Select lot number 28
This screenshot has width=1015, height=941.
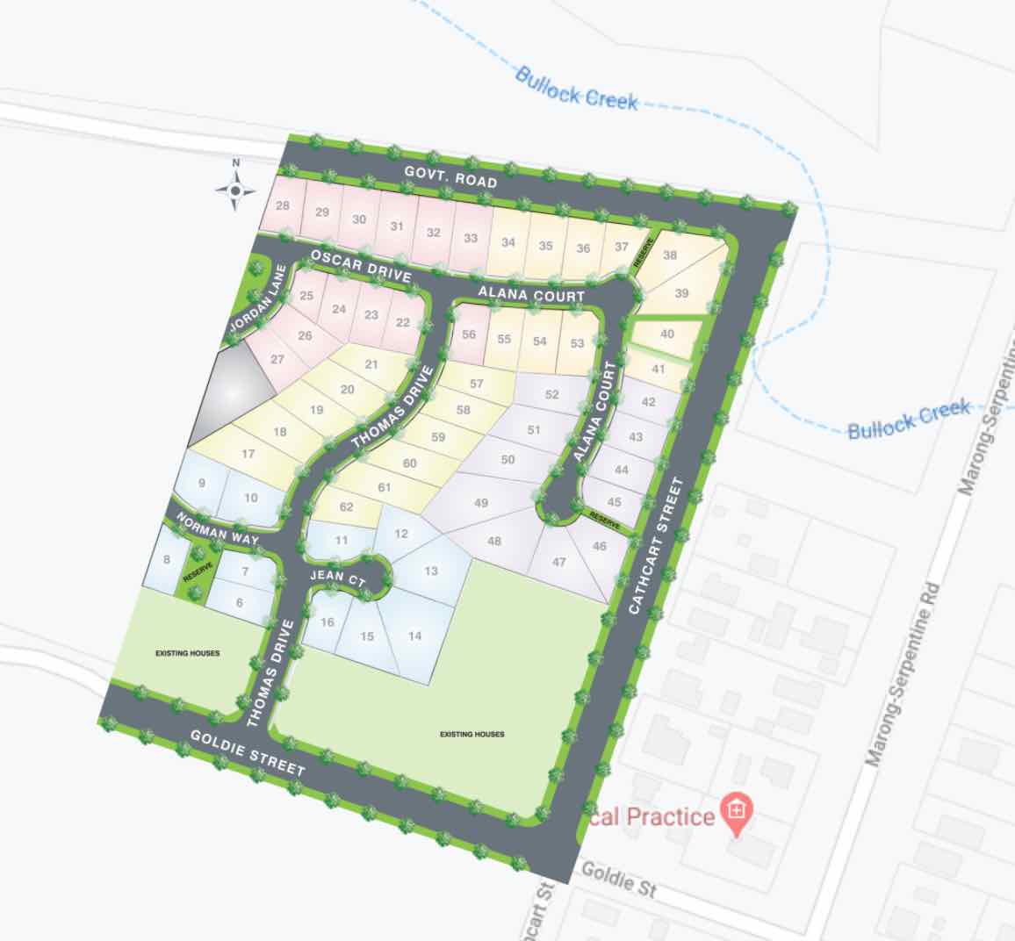[x=283, y=206]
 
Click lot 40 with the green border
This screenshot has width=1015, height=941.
[x=666, y=334]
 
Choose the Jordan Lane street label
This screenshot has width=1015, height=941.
[x=256, y=300]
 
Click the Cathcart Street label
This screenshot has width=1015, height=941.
[x=656, y=545]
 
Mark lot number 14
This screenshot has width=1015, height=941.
[x=415, y=636]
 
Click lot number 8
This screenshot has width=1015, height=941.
[x=166, y=559]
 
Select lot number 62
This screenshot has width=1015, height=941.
[x=346, y=506]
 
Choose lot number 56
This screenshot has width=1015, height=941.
[x=469, y=334]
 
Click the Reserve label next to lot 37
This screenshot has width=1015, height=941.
[x=647, y=253]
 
